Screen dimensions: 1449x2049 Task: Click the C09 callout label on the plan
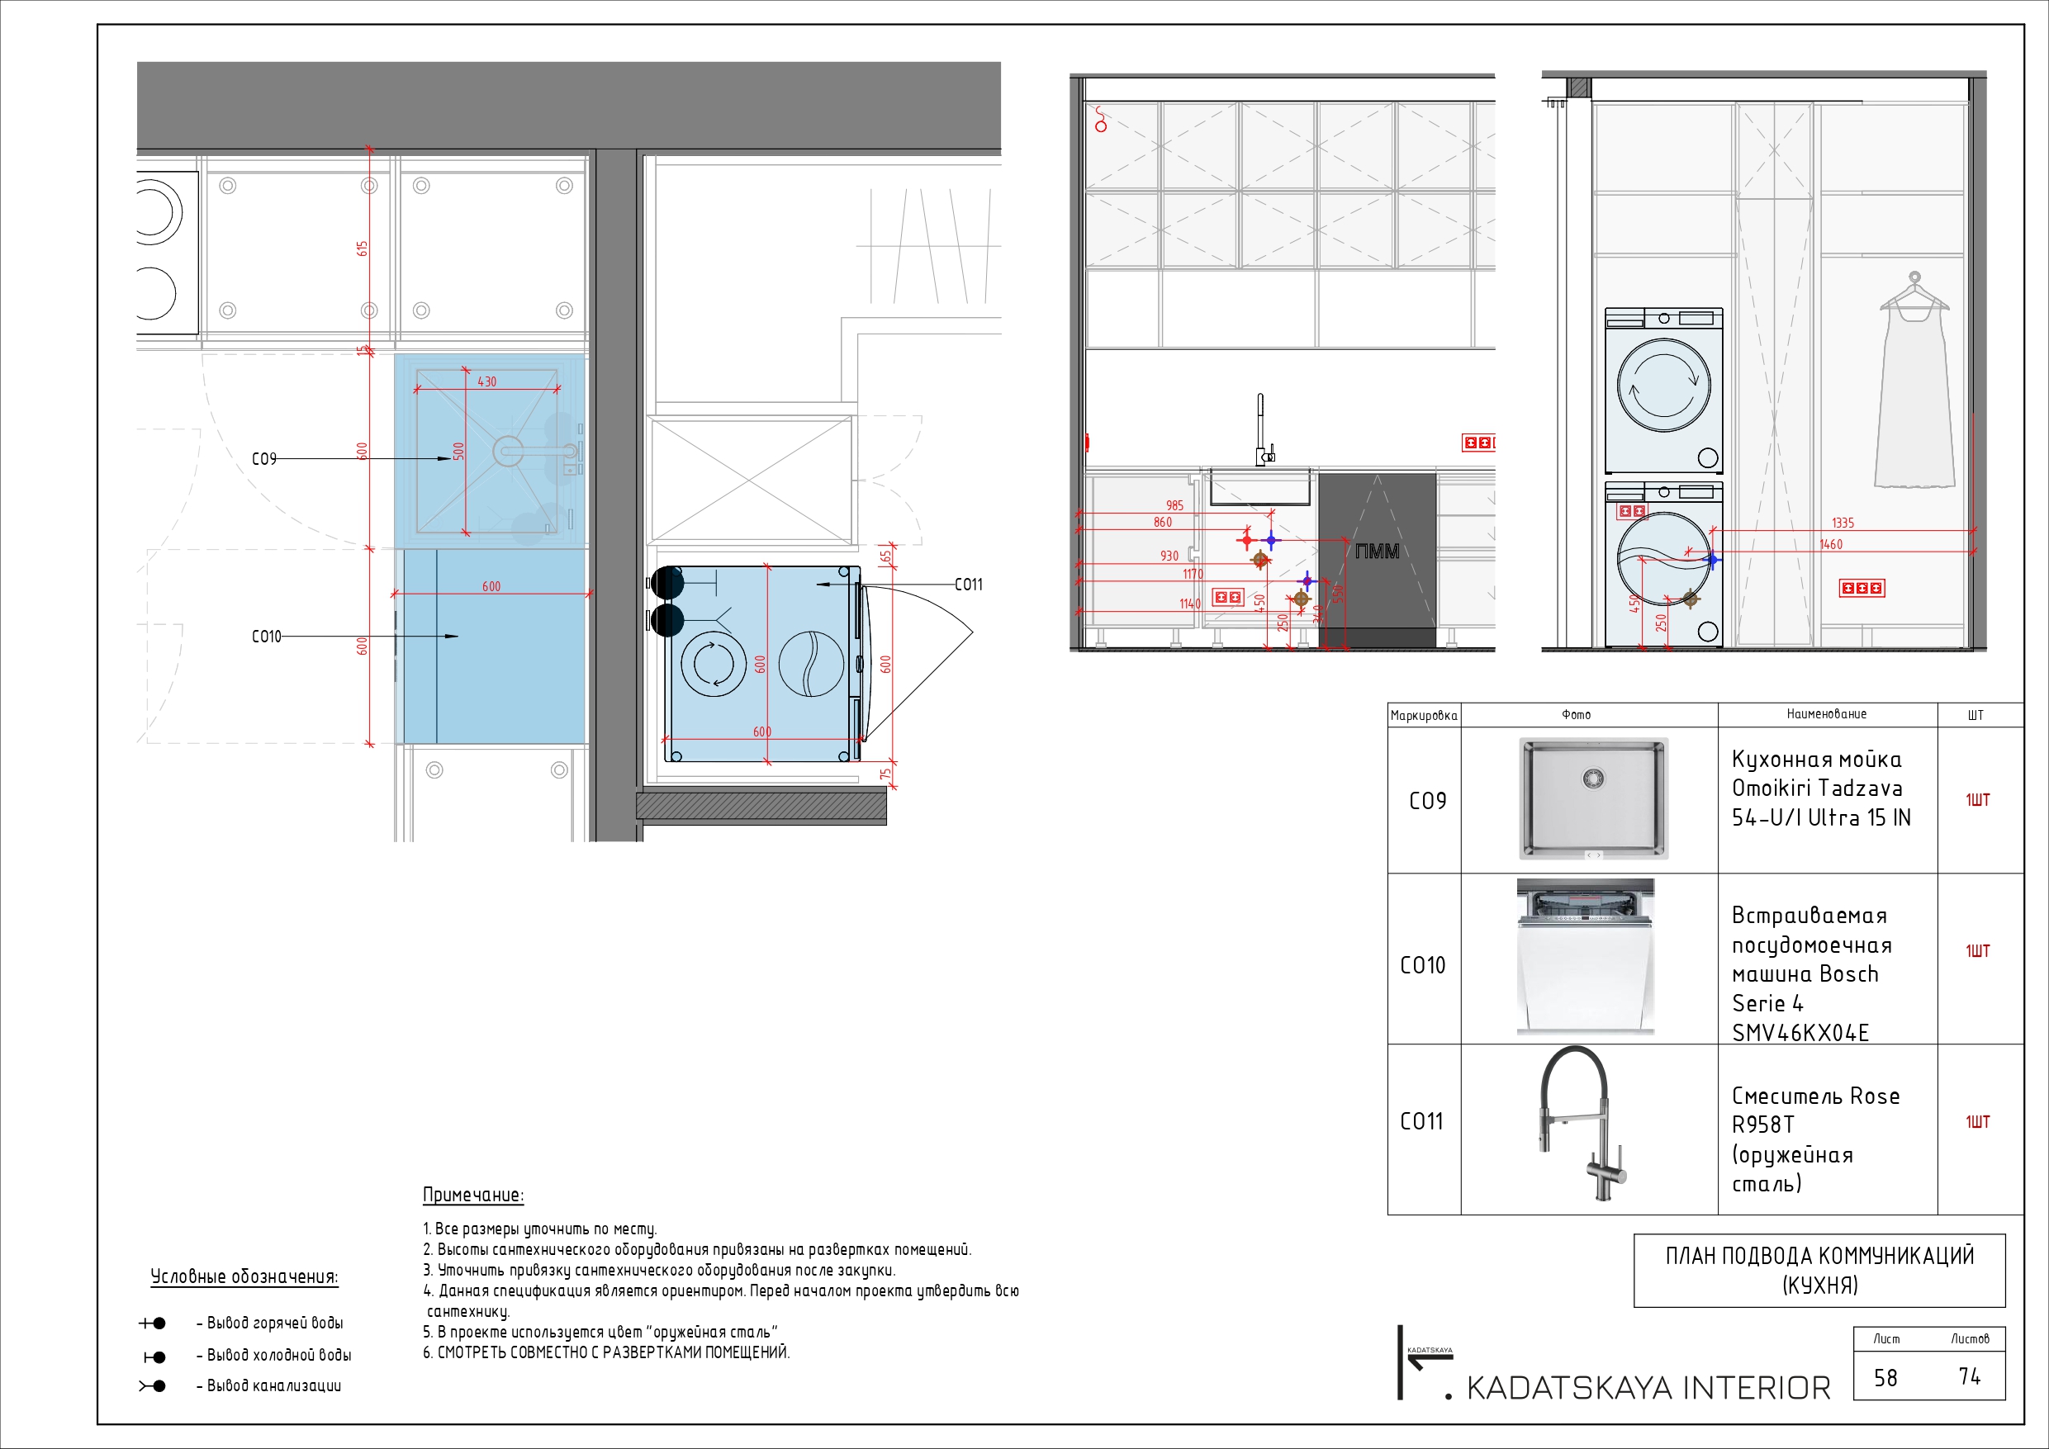[264, 458]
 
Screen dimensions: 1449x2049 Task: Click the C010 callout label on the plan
[266, 637]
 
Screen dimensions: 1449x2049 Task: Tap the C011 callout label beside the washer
[968, 585]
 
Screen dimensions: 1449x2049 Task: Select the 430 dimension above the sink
[486, 382]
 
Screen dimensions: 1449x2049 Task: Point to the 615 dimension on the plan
[363, 248]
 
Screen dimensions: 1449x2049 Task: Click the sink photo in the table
[1593, 798]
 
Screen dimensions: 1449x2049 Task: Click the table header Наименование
[1826, 714]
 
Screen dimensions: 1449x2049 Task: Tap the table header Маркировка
[1424, 716]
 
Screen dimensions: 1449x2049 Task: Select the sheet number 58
[1885, 1378]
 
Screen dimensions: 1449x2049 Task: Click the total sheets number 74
[1970, 1376]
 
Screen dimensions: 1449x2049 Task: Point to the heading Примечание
[473, 1195]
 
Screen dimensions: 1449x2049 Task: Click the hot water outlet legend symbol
[153, 1324]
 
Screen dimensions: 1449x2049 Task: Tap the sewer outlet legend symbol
[153, 1385]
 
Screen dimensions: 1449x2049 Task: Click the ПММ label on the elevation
[1377, 552]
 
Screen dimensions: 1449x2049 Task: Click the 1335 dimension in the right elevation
[1842, 523]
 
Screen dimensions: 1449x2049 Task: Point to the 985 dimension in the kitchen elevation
[1174, 506]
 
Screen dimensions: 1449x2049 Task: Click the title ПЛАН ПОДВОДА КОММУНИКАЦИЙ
[1819, 1257]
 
